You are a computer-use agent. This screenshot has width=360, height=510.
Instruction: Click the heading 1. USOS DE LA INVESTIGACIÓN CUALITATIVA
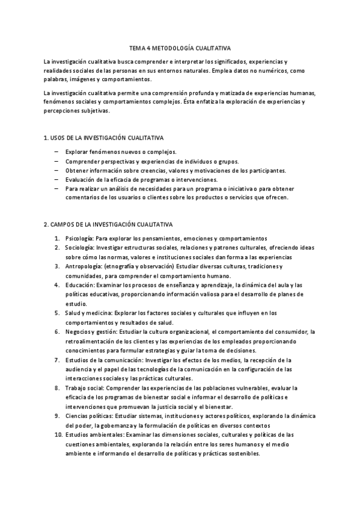(103, 138)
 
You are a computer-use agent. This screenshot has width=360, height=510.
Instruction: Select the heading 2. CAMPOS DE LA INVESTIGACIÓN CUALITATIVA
(108, 224)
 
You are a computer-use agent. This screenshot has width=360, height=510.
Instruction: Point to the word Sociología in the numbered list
(79, 247)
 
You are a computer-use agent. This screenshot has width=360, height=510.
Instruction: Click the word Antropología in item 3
(84, 266)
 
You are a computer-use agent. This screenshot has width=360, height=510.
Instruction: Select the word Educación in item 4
(79, 285)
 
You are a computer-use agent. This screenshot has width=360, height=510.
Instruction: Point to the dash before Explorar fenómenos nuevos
(56, 152)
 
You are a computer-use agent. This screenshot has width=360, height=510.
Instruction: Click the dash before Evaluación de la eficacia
(56, 179)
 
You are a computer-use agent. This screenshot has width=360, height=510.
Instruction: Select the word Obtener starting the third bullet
(76, 170)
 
